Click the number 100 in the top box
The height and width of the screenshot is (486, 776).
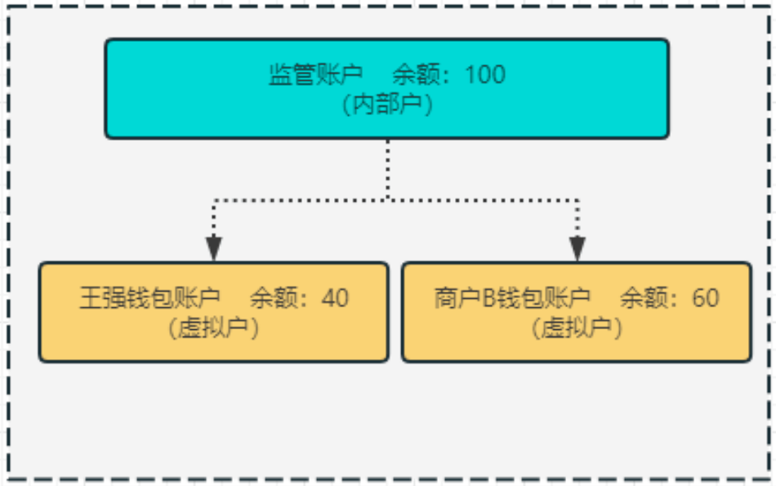click(x=485, y=75)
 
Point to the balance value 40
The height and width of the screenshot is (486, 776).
click(x=335, y=298)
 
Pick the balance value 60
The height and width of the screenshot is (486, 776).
click(x=705, y=298)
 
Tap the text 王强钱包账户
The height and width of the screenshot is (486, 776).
click(x=149, y=298)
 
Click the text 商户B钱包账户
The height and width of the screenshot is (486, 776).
click(x=512, y=298)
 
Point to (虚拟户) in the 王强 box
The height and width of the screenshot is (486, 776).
click(x=214, y=328)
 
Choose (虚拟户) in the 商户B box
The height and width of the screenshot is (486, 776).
click(x=577, y=328)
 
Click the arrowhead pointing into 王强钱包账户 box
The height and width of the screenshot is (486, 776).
click(x=214, y=248)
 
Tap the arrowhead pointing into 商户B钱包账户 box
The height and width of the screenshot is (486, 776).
click(x=578, y=248)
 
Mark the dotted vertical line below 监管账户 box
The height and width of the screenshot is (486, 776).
click(x=387, y=167)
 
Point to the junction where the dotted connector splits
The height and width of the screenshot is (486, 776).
click(x=387, y=198)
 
